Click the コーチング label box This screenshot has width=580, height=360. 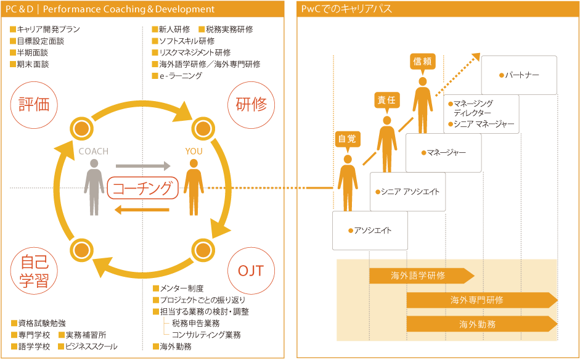pyautogui.click(x=142, y=188)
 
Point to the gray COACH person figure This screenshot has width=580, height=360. pyautogui.click(x=94, y=187)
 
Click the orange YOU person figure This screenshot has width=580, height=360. pyautogui.click(x=194, y=187)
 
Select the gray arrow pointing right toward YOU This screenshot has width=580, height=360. pyautogui.click(x=142, y=166)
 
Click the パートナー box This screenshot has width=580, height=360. pyautogui.click(x=519, y=75)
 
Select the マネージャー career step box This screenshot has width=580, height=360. pyautogui.click(x=443, y=152)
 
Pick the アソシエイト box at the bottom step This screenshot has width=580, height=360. pyautogui.click(x=369, y=231)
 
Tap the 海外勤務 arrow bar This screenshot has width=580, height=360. pyautogui.click(x=481, y=324)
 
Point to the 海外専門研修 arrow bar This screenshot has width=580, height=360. pyautogui.click(x=481, y=300)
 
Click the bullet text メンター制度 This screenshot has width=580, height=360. pyautogui.click(x=181, y=288)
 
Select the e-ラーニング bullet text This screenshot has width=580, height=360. pyautogui.click(x=181, y=76)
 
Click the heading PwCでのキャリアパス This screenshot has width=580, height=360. pyautogui.click(x=347, y=9)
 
